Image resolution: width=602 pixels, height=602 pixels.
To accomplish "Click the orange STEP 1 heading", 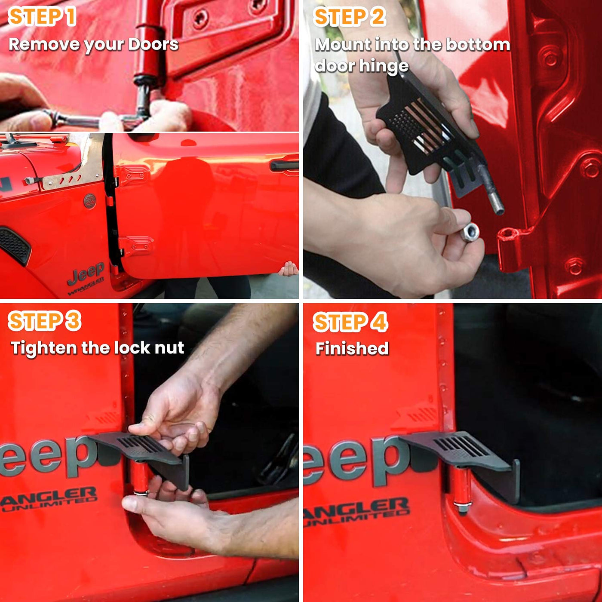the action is (x=42, y=17).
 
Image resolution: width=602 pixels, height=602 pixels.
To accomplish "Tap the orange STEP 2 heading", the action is (x=350, y=17).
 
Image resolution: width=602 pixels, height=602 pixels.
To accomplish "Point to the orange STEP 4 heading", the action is (x=350, y=322).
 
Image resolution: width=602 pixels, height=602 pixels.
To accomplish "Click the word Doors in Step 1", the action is (x=153, y=44).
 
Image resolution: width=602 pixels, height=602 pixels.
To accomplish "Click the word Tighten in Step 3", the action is (x=43, y=348).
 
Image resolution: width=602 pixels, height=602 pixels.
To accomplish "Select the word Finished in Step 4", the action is (x=352, y=348).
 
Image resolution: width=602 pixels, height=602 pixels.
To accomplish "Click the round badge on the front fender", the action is (x=90, y=201).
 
